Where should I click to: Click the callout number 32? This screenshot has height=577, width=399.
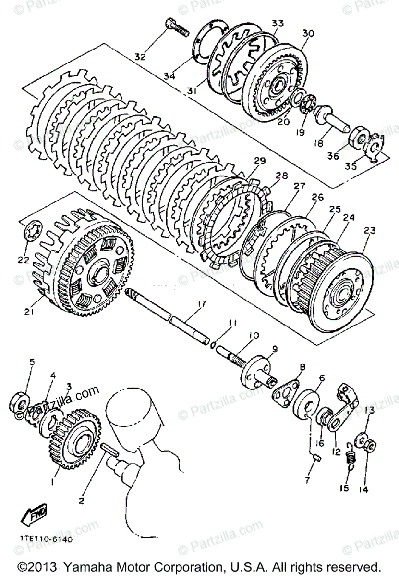pos(140,57)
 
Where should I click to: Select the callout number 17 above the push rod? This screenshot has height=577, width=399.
pos(201,303)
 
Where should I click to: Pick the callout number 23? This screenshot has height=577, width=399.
pos(369,230)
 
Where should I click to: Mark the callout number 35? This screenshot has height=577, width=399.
pos(351,167)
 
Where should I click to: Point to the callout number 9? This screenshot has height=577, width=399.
pos(275,348)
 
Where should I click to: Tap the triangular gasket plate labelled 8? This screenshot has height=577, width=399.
pos(285,392)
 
